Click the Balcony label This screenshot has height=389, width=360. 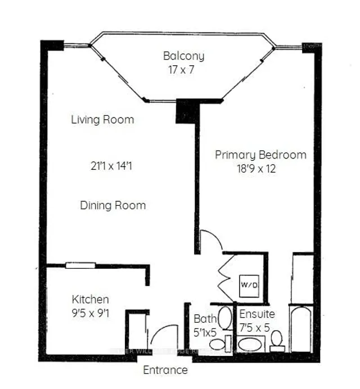click(183, 56)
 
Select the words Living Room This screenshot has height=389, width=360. click(102, 120)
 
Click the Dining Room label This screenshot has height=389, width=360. click(112, 205)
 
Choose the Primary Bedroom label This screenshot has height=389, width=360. click(260, 155)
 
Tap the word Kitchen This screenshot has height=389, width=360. click(90, 299)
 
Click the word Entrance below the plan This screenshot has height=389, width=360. click(165, 370)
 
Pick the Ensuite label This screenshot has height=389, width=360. click(257, 314)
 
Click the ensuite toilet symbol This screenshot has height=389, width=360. click(277, 340)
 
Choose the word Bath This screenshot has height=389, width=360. click(202, 319)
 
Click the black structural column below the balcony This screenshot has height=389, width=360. click(187, 111)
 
